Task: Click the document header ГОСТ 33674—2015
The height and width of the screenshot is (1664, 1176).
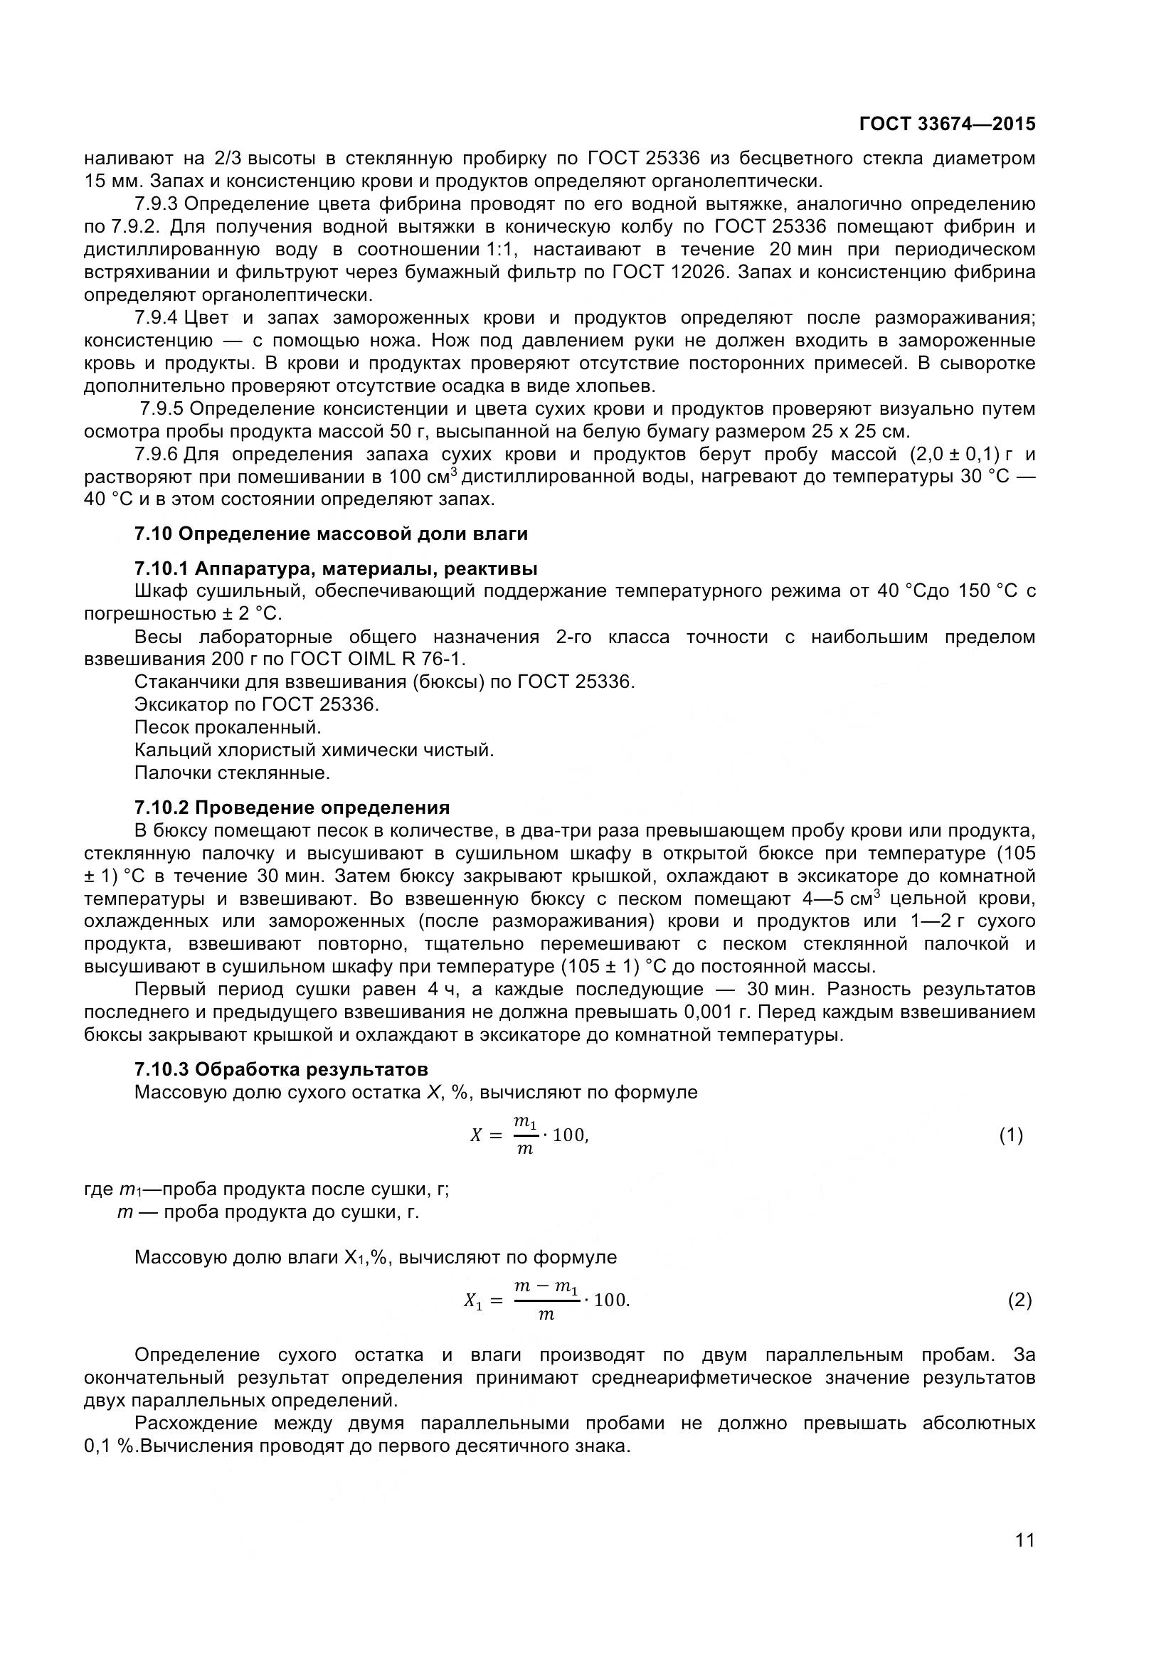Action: click(x=946, y=124)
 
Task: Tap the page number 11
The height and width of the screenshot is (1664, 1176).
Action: click(x=1024, y=1560)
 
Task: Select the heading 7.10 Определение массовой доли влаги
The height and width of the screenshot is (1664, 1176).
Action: click(x=331, y=534)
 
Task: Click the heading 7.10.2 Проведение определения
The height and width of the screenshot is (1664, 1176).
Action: click(x=292, y=807)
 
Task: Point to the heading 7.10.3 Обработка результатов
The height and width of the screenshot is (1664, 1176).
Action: click(x=281, y=1069)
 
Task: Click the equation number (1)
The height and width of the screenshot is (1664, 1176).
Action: click(x=1011, y=1135)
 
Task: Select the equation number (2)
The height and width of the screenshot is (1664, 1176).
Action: click(x=1019, y=1300)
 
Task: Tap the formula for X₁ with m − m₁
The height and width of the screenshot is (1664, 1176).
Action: click(x=546, y=1300)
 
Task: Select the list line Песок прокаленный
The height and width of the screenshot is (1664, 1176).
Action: click(x=228, y=727)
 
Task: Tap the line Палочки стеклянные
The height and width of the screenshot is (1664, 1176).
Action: click(x=232, y=773)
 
